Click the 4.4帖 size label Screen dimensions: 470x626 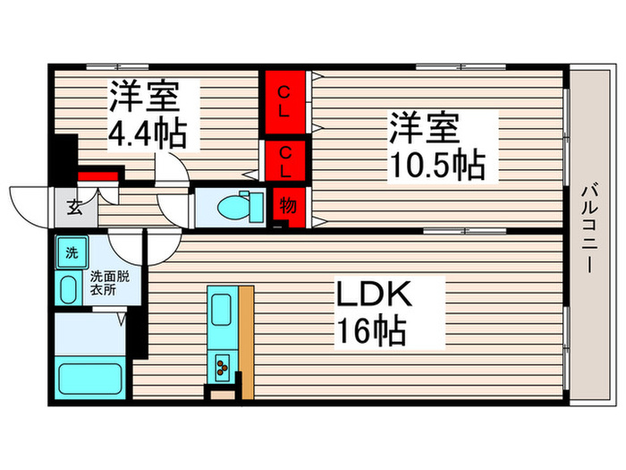point(148,135)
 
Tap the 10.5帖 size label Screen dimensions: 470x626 point(436,166)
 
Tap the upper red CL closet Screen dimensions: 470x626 point(283,104)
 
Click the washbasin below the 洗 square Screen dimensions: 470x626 point(70,288)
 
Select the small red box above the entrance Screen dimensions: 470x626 point(98,176)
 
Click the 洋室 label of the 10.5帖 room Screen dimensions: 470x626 point(421,127)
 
